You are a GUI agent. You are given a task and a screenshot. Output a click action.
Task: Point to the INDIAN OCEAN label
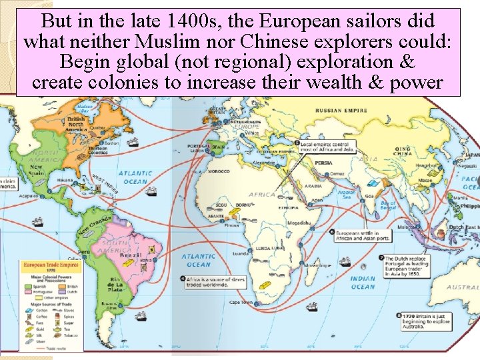(x=363, y=283)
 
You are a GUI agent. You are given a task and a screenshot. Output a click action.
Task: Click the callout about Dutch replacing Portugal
(x=410, y=264)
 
